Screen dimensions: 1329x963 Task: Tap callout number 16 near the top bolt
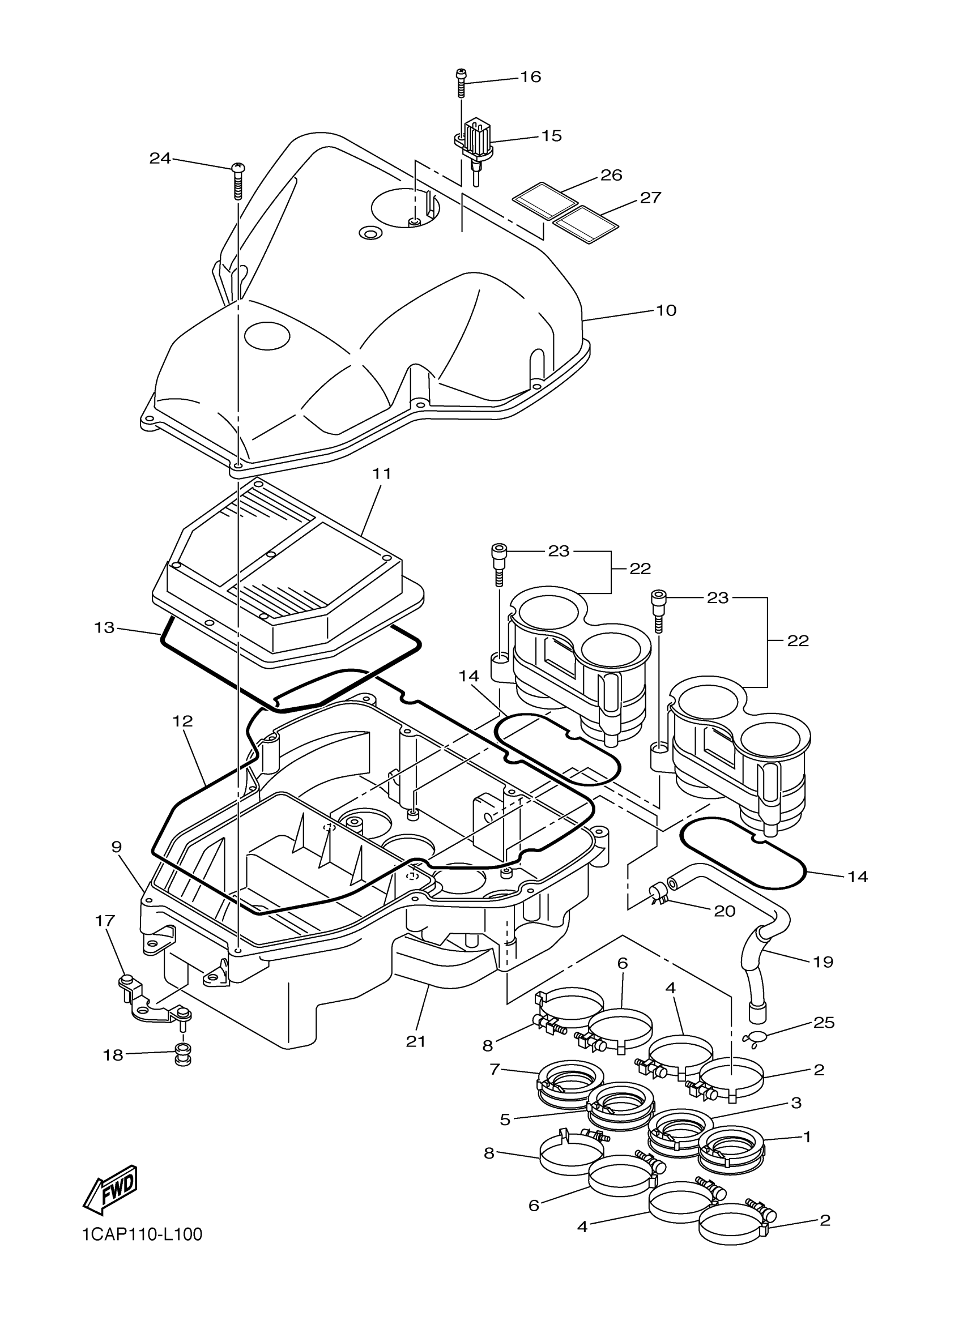click(x=530, y=77)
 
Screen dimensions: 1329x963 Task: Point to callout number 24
click(x=159, y=157)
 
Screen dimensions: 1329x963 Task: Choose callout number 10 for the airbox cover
click(x=666, y=310)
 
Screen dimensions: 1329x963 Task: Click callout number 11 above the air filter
click(x=382, y=473)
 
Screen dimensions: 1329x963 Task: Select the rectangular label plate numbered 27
click(x=586, y=223)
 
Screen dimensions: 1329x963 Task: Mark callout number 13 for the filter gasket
click(x=104, y=627)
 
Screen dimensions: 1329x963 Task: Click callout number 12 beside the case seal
click(x=183, y=721)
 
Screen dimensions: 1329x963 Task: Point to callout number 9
click(x=117, y=847)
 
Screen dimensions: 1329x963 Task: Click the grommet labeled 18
click(x=182, y=1056)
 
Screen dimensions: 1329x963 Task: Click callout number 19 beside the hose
click(x=824, y=962)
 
